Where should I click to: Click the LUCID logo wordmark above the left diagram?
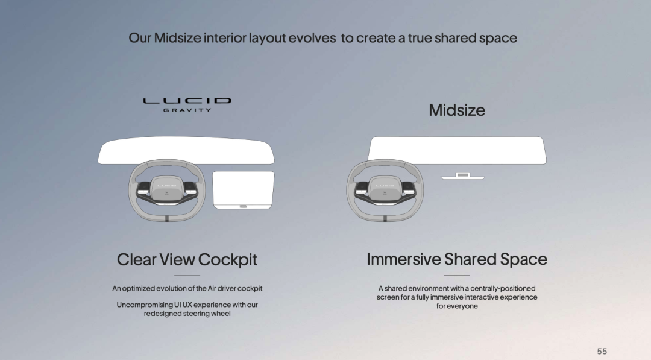(187, 101)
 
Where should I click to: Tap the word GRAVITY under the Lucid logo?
(187, 110)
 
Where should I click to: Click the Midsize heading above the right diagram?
(457, 110)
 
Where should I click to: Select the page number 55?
(602, 352)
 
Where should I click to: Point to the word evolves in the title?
(312, 38)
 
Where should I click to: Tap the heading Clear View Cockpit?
(187, 259)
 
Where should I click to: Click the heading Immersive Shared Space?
(457, 259)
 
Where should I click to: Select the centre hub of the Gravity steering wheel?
(166, 189)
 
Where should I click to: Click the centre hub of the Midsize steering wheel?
(385, 189)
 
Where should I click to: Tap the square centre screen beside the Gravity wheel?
(244, 190)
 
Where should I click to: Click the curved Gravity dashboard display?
(186, 150)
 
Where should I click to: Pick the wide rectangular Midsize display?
(457, 150)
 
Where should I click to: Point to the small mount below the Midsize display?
(462, 176)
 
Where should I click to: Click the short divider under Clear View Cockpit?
(187, 276)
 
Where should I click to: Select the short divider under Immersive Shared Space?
(457, 276)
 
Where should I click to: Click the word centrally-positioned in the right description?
(503, 288)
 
